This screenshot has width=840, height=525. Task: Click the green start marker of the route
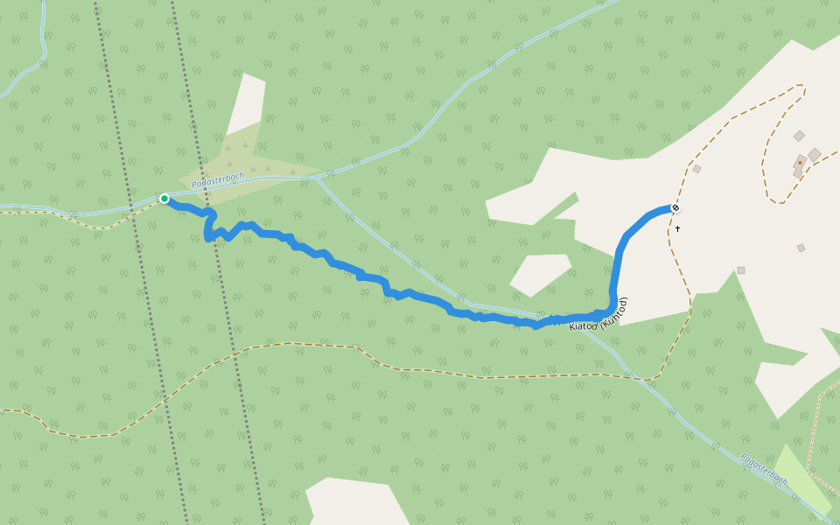tap(164, 199)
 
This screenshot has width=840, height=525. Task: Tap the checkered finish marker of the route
tap(675, 207)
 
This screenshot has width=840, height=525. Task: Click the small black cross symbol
tap(677, 228)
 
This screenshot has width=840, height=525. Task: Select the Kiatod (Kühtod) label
tap(599, 315)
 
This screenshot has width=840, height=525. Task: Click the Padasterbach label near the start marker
tap(218, 179)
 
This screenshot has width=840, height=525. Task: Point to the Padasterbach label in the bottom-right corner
tap(764, 470)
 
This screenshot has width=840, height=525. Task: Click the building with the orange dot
tap(800, 163)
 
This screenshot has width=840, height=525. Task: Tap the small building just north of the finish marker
tap(696, 169)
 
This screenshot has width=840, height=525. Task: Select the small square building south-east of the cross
tap(740, 270)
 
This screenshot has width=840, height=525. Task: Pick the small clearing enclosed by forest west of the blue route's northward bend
tap(540, 274)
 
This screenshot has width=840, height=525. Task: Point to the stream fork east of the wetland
tap(315, 178)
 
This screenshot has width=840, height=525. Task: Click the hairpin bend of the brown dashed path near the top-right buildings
tap(773, 198)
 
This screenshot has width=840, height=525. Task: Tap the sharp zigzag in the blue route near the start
tap(210, 229)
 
